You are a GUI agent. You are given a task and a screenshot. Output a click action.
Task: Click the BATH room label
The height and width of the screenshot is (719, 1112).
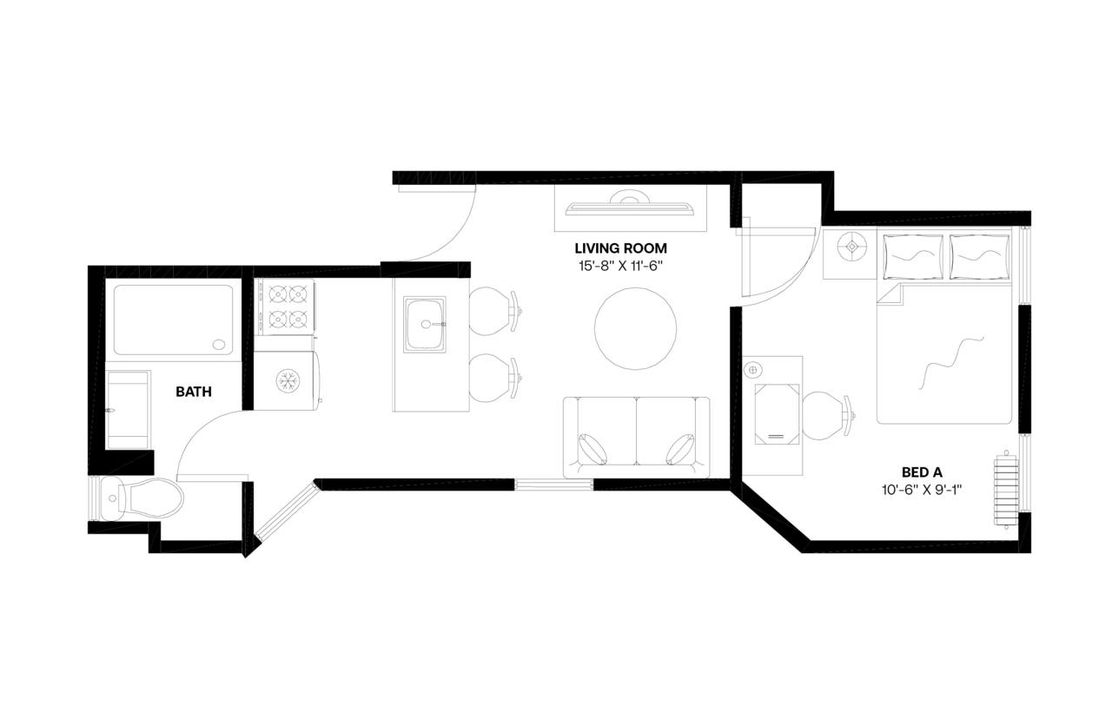point(193,392)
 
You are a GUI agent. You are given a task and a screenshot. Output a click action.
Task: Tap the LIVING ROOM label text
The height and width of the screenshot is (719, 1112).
point(620,249)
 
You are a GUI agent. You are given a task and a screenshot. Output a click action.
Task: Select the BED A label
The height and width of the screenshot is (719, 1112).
point(922,472)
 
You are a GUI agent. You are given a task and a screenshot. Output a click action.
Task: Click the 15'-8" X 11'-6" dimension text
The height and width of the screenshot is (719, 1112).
point(620,266)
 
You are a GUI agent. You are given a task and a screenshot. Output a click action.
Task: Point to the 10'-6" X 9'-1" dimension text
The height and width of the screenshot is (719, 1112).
point(922,490)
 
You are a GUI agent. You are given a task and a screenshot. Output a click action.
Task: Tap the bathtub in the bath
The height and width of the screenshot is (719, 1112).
point(174,320)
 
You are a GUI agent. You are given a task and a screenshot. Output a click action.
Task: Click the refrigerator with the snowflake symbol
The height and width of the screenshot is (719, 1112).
point(288,379)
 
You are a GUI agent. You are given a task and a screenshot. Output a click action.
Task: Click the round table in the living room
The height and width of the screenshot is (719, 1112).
point(635,329)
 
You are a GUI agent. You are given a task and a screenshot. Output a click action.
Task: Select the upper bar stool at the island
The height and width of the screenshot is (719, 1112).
point(492,312)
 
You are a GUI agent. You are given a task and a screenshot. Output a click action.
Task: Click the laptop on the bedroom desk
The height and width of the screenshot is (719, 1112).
point(777,413)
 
